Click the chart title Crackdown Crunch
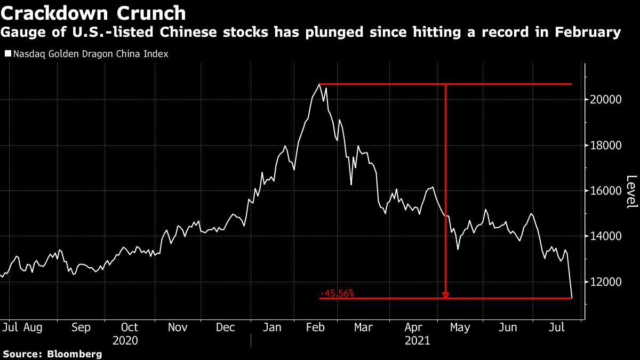point(94,13)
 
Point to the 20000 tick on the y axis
point(605,100)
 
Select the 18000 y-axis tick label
point(605,146)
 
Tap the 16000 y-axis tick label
point(605,191)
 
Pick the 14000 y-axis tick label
point(605,236)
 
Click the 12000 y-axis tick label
point(605,282)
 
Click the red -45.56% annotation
point(337,293)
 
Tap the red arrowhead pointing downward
point(445,294)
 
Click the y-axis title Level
point(631,192)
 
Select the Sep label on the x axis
point(81,327)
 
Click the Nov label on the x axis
point(178,327)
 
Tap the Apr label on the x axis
point(413,327)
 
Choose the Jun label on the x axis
point(508,327)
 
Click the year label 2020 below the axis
point(125,340)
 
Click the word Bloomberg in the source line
point(75,354)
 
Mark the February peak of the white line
point(319,84)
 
